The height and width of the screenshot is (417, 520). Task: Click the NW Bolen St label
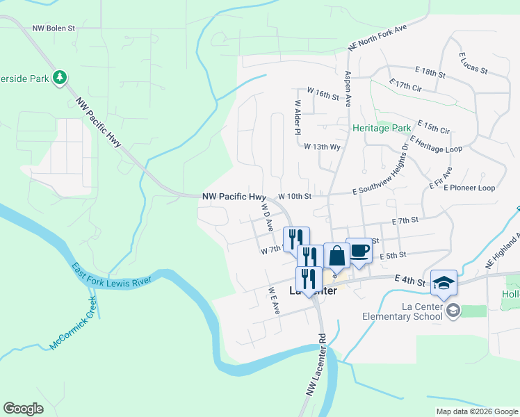tap(53, 29)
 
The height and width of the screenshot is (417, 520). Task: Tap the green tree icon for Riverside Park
tap(60, 78)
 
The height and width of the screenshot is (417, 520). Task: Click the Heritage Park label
tap(382, 129)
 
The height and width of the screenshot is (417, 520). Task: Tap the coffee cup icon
tap(359, 250)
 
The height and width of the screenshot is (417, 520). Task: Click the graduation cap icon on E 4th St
tap(444, 282)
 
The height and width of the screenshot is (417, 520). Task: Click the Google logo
tap(23, 409)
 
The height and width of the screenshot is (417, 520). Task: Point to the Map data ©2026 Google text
tap(476, 411)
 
